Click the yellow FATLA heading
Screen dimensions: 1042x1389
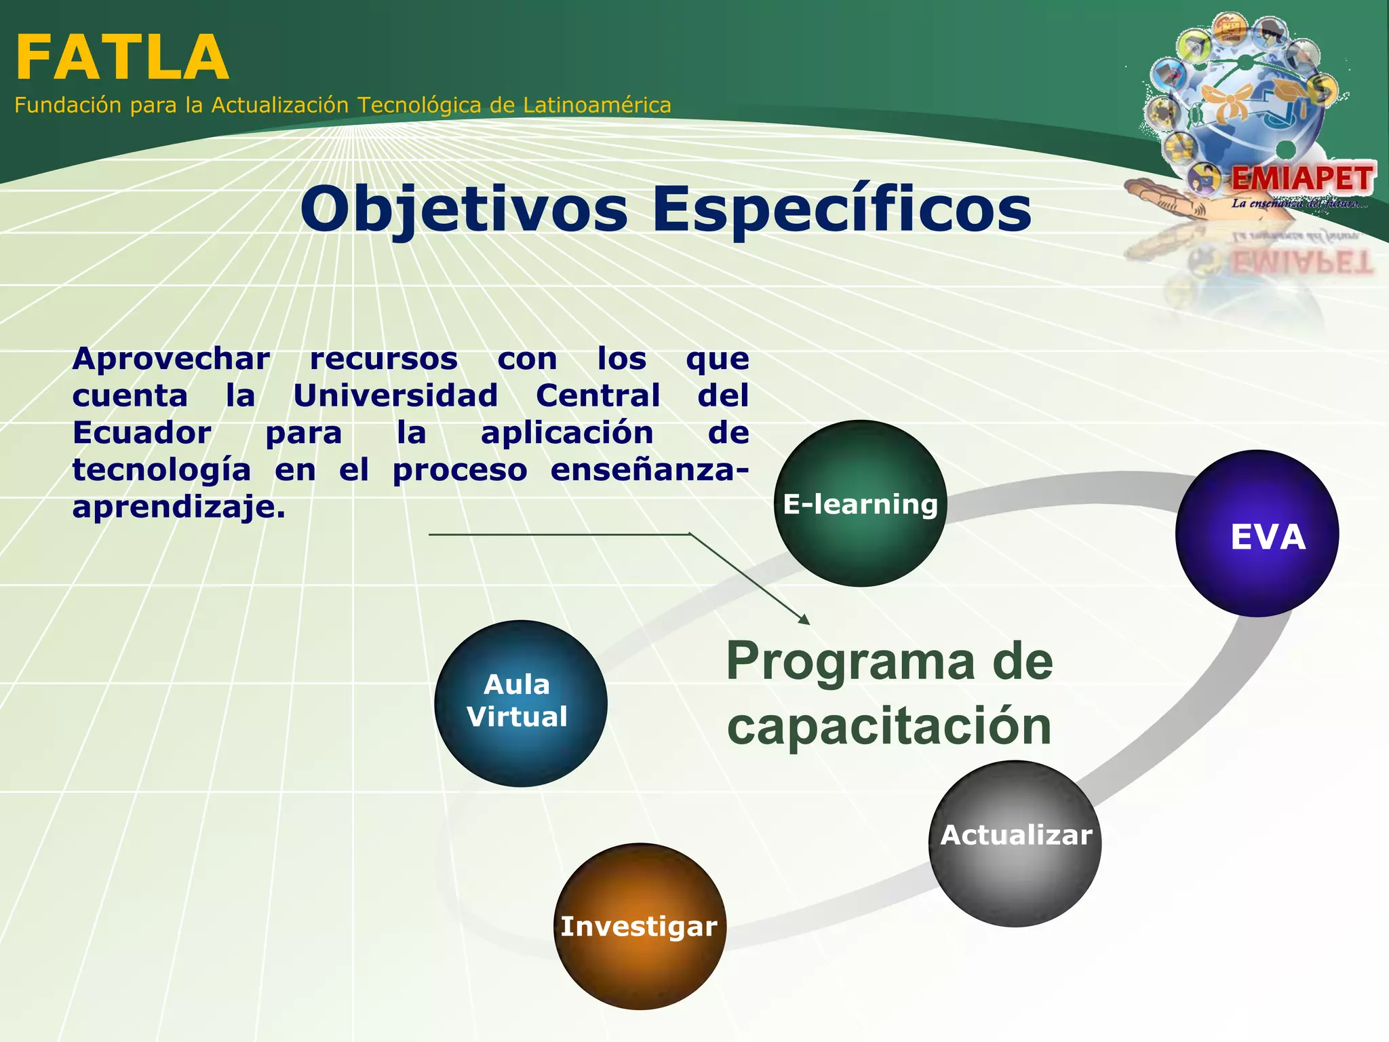122,58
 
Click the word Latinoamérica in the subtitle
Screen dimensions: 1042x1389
597,105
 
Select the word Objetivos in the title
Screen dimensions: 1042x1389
465,209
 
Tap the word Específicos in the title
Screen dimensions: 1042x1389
841,209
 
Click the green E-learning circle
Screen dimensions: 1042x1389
860,503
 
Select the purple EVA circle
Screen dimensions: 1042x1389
1257,534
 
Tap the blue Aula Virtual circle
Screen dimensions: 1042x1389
520,703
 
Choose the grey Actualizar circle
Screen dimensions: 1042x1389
1015,843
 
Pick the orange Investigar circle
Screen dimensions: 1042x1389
640,927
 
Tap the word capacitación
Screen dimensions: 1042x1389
888,726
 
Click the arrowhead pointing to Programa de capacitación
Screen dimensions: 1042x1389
804,619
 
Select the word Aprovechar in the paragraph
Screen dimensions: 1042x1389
171,359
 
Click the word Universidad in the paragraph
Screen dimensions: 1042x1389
395,395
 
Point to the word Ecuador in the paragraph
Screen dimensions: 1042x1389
142,433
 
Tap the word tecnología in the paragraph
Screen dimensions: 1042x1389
161,470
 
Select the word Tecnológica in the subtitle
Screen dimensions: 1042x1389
419,105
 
